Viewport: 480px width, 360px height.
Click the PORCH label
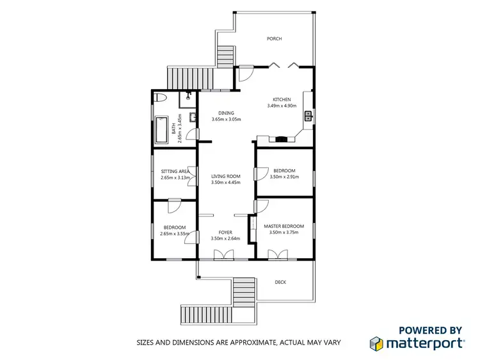[275, 38]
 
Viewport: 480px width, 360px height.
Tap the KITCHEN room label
[282, 99]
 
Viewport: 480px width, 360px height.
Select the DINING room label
[226, 113]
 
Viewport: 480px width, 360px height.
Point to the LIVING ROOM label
[225, 176]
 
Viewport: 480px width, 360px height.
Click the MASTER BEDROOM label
[284, 226]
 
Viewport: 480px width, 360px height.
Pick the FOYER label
[225, 233]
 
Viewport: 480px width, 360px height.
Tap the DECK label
[280, 282]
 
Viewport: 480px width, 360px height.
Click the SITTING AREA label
[174, 172]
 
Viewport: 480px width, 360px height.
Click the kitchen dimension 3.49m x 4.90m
[282, 106]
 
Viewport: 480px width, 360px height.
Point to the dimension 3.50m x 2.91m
[284, 177]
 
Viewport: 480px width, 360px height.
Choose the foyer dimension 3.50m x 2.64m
[225, 240]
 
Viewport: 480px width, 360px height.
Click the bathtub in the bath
[161, 131]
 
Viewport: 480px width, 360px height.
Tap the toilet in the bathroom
[161, 97]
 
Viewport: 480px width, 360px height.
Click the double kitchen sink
[308, 116]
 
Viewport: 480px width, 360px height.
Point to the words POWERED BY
[430, 330]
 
